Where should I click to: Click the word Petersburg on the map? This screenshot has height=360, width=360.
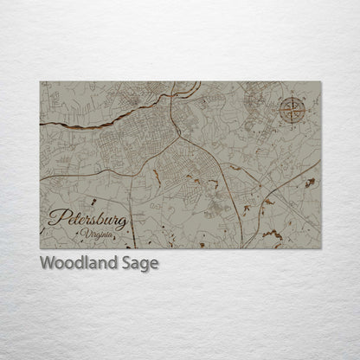click(87, 220)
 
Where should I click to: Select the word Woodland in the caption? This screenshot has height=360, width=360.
click(74, 263)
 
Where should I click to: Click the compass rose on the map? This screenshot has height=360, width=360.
click(292, 110)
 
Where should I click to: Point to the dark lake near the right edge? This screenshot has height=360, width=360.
click(309, 183)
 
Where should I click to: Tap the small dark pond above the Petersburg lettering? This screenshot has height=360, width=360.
click(156, 177)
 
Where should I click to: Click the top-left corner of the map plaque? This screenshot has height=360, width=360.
click(40, 82)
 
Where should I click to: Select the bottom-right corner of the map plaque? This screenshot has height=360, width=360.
click(321, 249)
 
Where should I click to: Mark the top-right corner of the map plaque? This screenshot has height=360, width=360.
click(321, 82)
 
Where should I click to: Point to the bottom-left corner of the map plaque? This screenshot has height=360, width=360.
click(40, 249)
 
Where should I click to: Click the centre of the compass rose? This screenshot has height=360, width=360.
click(292, 111)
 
